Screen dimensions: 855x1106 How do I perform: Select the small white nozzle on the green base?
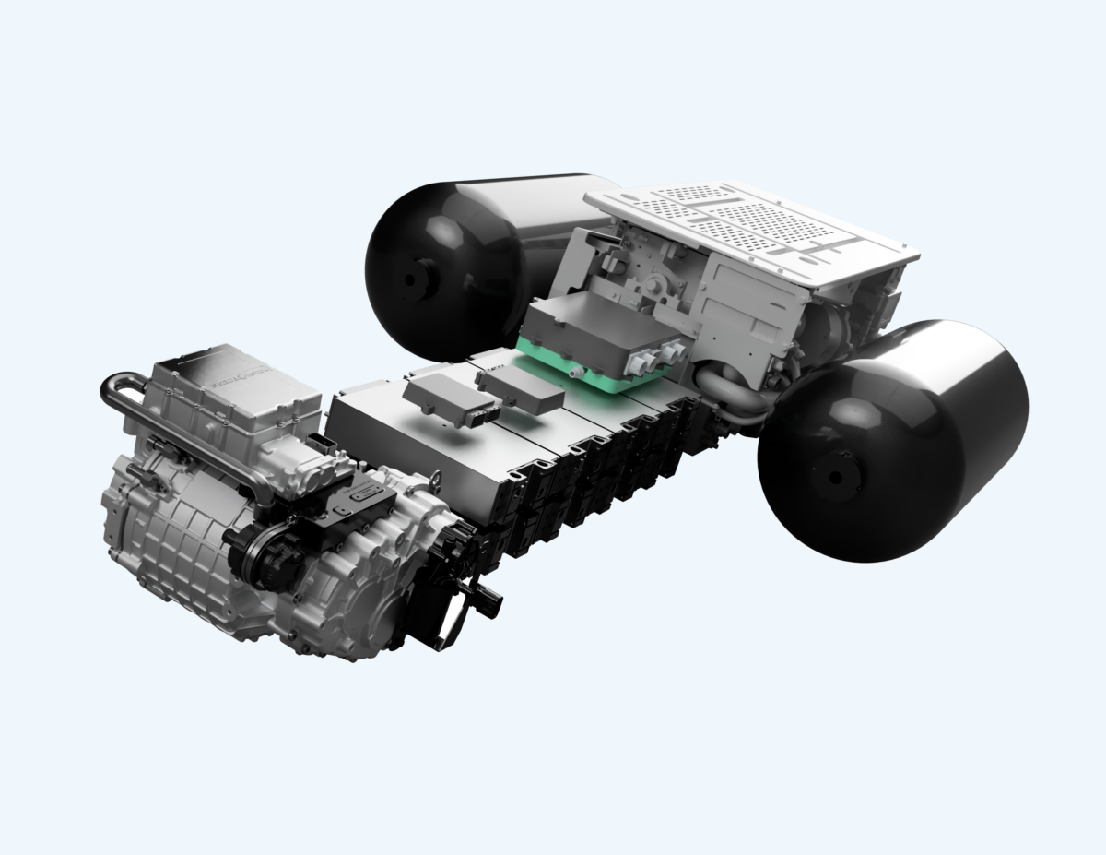pyautogui.click(x=573, y=372)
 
